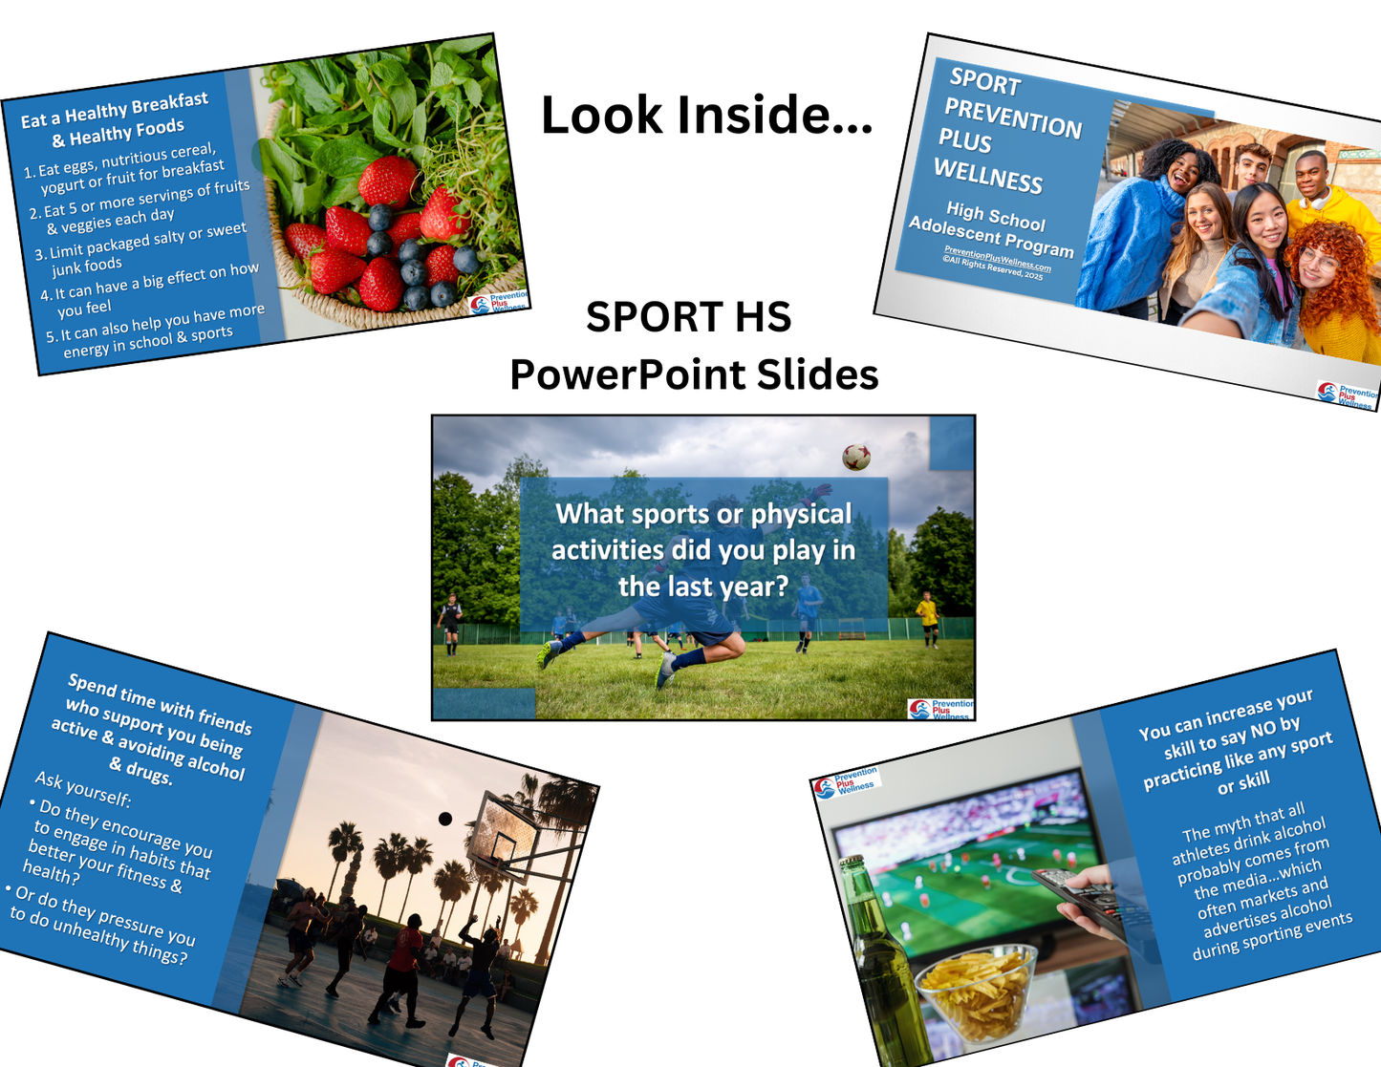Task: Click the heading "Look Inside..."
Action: pos(706,115)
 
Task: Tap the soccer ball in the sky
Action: pos(856,457)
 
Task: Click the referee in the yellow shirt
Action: pos(926,617)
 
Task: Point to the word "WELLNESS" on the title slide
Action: pos(987,177)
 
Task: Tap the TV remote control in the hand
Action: pos(1079,898)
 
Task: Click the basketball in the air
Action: pos(444,819)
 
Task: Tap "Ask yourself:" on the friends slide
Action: pos(82,789)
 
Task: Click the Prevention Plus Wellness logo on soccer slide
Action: pos(939,708)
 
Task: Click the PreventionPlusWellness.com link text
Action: pos(997,258)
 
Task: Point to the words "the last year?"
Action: pos(703,586)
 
